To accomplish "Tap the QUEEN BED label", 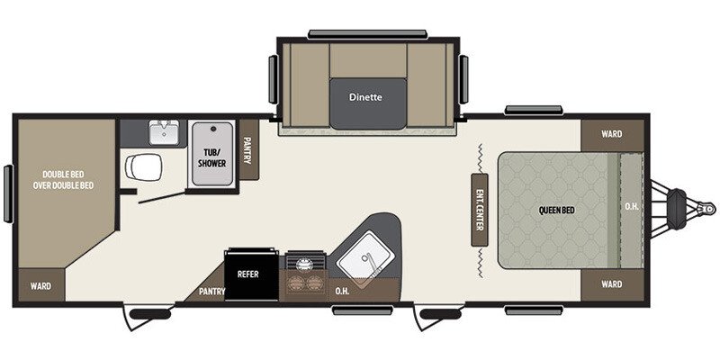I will click(x=556, y=211).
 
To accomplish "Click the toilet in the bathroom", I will click(x=142, y=166).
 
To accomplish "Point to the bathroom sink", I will click(x=164, y=133).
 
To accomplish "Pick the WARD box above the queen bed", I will click(x=612, y=134).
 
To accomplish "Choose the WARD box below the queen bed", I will click(x=612, y=284).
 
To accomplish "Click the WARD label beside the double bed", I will click(x=40, y=286).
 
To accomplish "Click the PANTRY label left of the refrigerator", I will click(x=212, y=291).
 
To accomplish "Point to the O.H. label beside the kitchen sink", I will click(x=343, y=290).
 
